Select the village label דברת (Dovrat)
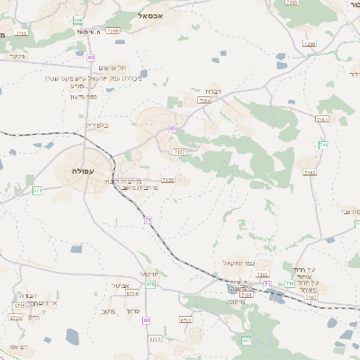(212, 92)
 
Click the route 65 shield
(171, 128)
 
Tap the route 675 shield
(150, 283)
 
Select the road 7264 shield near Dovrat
(205, 101)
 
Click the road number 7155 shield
(167, 180)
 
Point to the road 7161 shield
(322, 119)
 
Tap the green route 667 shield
(246, 340)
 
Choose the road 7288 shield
(310, 43)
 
